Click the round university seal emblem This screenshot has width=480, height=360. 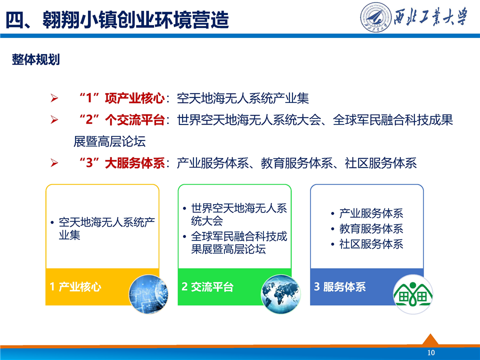(x=375, y=17)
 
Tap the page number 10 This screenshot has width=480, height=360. (x=431, y=352)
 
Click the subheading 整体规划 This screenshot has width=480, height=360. (x=36, y=59)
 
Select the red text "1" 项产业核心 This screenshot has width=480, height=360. (x=122, y=98)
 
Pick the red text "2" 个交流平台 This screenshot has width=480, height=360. (x=122, y=119)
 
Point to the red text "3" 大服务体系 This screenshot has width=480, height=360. (x=122, y=163)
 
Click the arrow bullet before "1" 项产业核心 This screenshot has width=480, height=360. (x=54, y=98)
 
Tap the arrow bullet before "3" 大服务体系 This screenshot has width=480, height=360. (x=54, y=163)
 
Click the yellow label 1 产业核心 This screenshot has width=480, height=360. (x=75, y=287)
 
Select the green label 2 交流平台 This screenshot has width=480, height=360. (x=207, y=287)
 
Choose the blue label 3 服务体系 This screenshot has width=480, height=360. (x=340, y=287)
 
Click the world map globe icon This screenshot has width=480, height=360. (x=280, y=294)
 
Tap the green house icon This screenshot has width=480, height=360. (x=413, y=294)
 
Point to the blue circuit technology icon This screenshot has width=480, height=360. (x=148, y=294)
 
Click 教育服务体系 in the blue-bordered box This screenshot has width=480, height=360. (x=371, y=228)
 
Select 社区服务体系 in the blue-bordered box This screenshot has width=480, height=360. (x=371, y=244)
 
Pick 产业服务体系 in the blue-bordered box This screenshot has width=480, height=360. (x=371, y=213)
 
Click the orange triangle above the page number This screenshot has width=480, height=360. (x=430, y=340)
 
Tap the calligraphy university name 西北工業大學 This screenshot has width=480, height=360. (x=430, y=16)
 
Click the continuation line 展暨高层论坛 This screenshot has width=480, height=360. (x=109, y=141)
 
